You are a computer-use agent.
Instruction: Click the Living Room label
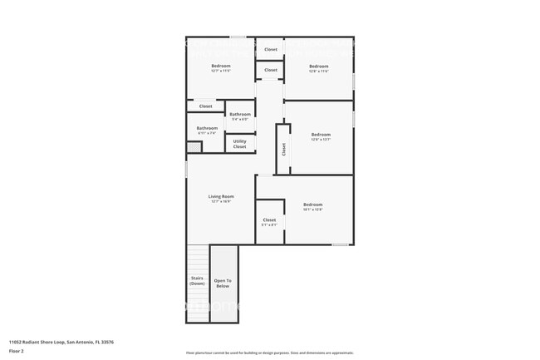pos(220,196)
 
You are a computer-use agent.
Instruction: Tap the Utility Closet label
pos(239,143)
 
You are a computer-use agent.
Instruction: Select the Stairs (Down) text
pos(197,281)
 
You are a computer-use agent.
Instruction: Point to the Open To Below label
pos(223,283)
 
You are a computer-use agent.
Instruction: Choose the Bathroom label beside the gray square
pos(206,128)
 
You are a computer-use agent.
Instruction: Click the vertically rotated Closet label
pos(284,149)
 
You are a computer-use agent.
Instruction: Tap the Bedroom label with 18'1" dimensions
pos(312,205)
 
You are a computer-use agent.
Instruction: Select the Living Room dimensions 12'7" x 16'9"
pos(220,201)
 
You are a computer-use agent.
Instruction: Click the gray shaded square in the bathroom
pos(193,147)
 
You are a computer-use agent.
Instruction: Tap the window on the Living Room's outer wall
pos(185,169)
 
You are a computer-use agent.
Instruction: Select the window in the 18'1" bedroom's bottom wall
pos(340,244)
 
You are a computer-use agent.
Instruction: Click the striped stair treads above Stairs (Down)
pos(197,260)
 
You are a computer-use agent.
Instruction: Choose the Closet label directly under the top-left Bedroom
pos(205,106)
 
